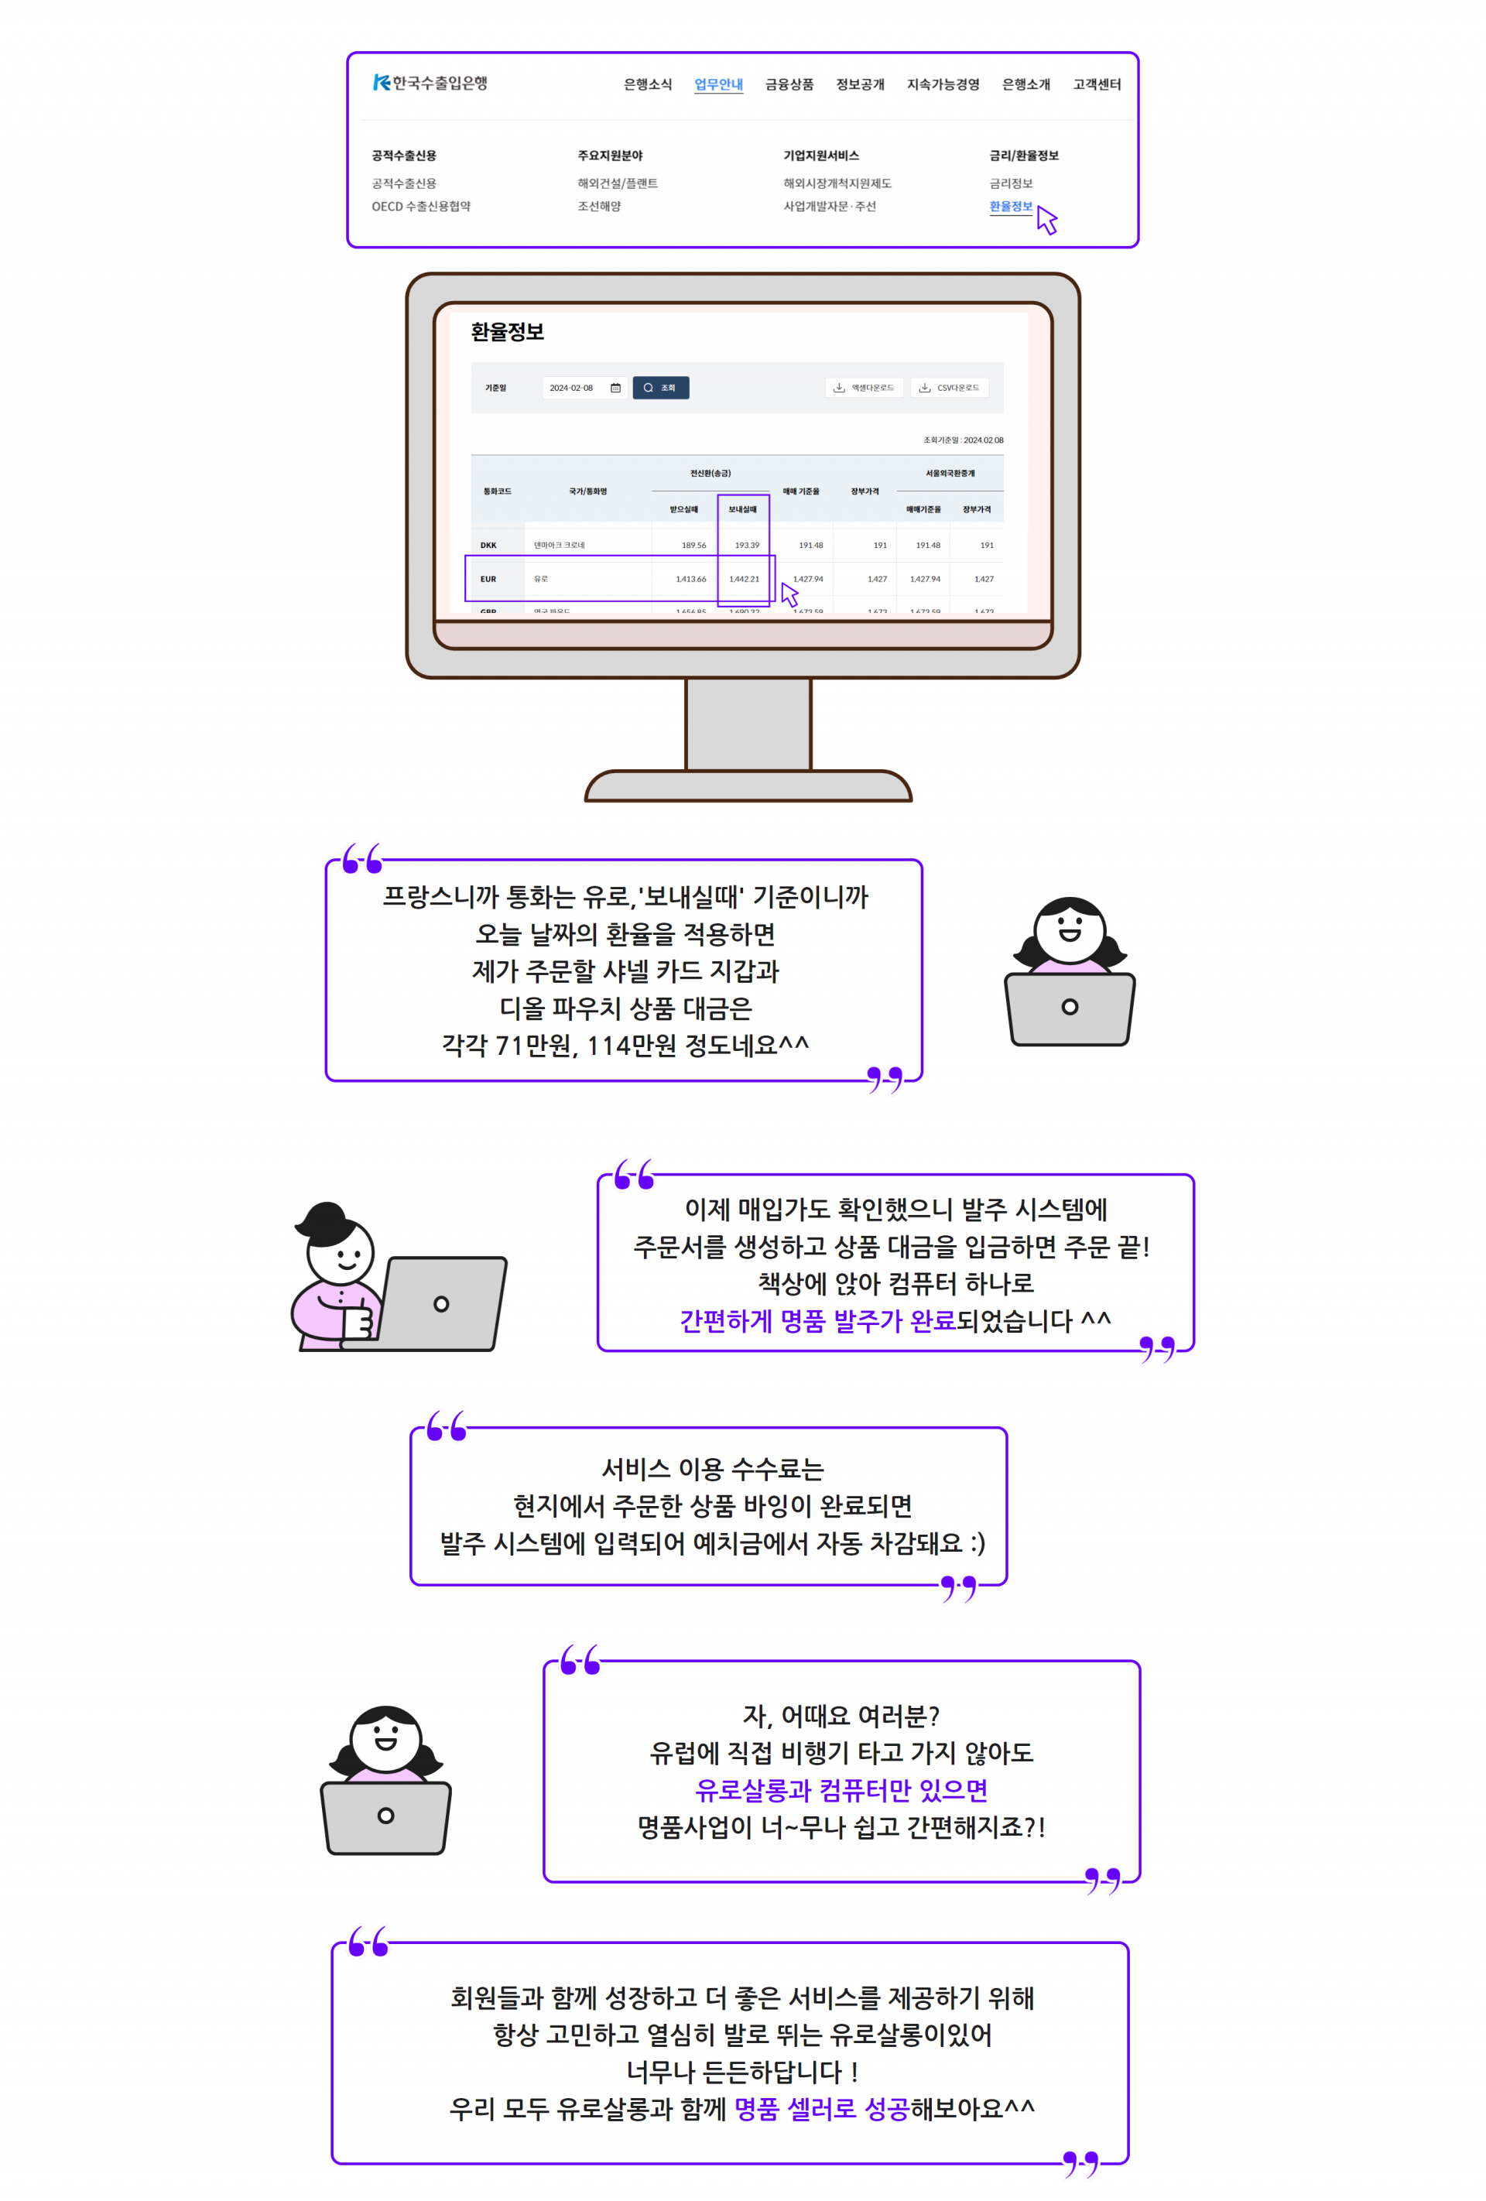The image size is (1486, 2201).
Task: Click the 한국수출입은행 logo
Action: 430,84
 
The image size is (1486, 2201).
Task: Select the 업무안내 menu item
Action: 718,84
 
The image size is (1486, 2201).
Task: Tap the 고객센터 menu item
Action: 1096,84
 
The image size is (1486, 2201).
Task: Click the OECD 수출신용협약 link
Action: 420,207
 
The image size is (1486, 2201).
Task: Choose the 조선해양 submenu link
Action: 598,207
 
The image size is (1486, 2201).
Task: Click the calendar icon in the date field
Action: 615,389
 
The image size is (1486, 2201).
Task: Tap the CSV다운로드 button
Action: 949,389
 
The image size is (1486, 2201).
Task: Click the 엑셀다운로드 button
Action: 863,389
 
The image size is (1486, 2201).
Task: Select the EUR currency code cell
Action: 488,579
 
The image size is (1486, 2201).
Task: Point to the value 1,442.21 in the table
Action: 744,579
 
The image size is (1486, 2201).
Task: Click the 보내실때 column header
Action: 741,509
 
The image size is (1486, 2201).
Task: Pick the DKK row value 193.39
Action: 746,546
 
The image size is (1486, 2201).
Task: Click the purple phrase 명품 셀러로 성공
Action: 821,2108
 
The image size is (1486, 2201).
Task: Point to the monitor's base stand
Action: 748,787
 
